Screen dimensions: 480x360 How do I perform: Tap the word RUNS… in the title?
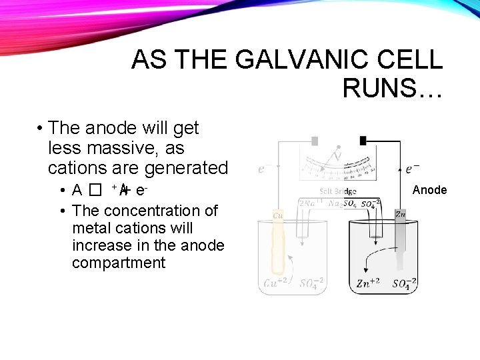point(392,87)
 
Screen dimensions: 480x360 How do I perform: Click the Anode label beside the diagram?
point(429,190)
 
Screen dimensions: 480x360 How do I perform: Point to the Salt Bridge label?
point(338,191)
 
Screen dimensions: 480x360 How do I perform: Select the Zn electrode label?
point(400,214)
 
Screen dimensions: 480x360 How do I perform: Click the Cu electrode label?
point(278,215)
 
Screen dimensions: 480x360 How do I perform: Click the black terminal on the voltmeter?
point(363,141)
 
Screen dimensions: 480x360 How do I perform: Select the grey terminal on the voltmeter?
point(315,141)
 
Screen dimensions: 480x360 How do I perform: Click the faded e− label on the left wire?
point(265,169)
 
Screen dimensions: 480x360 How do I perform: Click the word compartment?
point(118,263)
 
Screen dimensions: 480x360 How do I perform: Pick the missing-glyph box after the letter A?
point(97,191)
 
